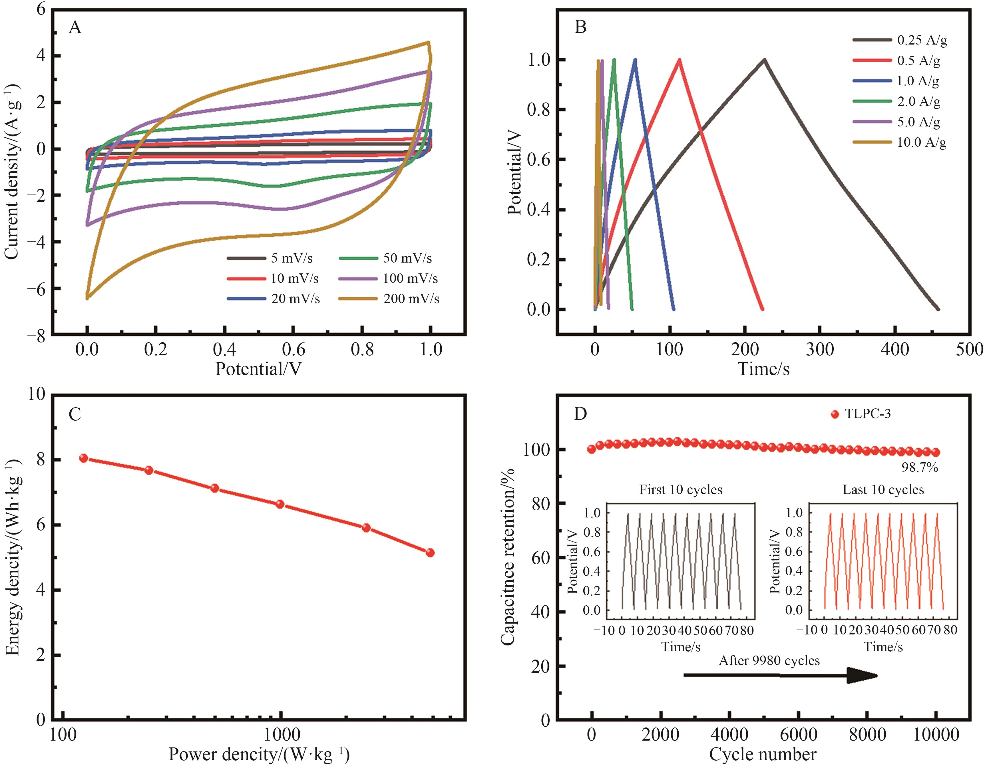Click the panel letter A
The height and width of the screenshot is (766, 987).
75,28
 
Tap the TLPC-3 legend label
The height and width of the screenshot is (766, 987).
868,414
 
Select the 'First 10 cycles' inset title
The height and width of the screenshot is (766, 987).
681,489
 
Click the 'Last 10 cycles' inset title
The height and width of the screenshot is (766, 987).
883,489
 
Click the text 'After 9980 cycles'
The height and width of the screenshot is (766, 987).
769,661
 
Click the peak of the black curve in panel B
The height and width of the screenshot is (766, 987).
764,59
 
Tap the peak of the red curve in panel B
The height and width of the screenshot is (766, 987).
679,59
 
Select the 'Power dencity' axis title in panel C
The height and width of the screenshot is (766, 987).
259,755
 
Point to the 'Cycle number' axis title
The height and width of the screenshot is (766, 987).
763,755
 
